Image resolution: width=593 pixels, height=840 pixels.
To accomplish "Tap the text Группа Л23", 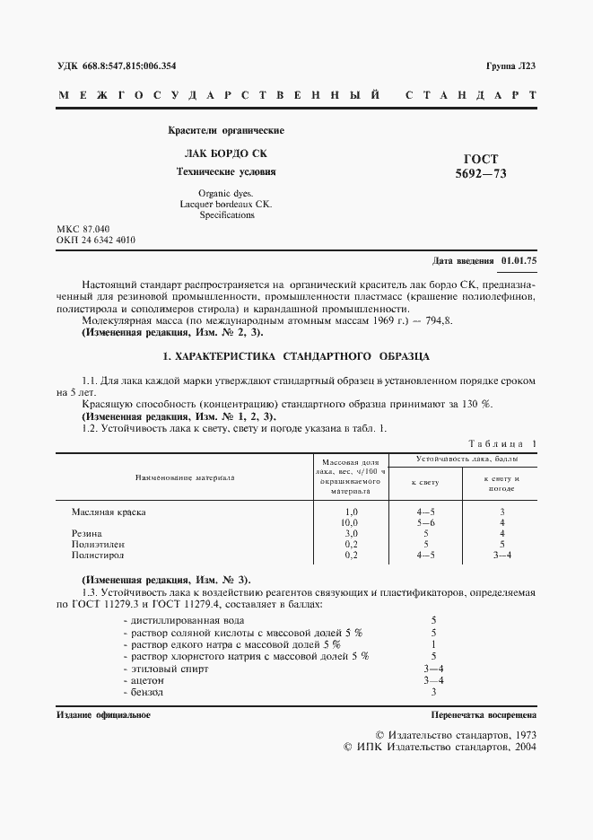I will (x=510, y=66).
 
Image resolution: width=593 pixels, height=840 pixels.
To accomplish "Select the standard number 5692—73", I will (x=482, y=174).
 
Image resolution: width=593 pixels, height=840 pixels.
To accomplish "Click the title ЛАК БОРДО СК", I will (x=226, y=153).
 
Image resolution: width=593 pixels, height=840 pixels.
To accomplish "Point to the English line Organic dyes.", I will (x=226, y=193).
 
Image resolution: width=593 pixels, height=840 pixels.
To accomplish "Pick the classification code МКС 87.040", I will (x=83, y=230).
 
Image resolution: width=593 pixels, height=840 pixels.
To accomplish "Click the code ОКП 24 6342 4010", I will (x=96, y=241).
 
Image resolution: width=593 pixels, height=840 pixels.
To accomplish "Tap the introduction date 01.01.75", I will (x=519, y=261).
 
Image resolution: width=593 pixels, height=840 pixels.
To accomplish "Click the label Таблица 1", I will (x=501, y=443).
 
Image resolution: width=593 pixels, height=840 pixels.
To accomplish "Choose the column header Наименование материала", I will (x=185, y=477).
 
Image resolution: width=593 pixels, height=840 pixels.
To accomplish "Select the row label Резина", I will (x=86, y=533).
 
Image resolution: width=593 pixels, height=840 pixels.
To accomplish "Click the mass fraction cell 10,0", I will (x=351, y=522).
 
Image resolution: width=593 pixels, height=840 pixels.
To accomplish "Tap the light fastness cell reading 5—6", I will (x=425, y=522).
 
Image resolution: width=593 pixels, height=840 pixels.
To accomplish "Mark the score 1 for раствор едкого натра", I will (x=433, y=644).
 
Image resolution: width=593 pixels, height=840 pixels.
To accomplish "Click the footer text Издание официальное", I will (x=103, y=715).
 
